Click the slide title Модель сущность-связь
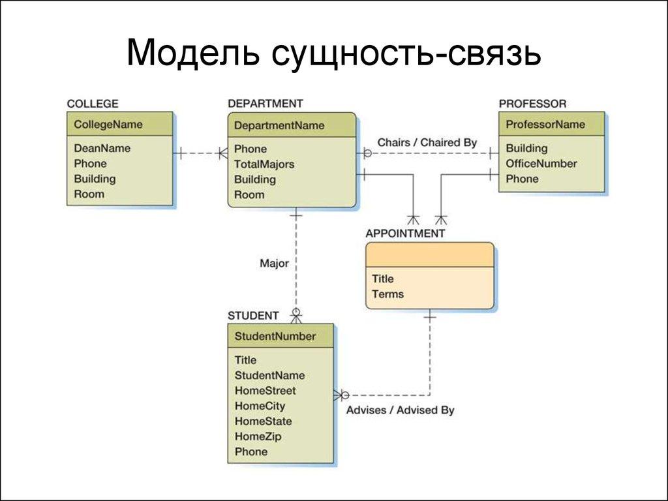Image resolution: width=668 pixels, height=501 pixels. (x=333, y=53)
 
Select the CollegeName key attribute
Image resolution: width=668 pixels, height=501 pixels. (x=108, y=124)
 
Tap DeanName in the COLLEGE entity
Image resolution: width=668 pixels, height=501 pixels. (x=102, y=148)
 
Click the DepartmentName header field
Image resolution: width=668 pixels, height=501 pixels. (x=279, y=125)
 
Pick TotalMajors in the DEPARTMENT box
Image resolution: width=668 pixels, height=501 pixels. (x=264, y=164)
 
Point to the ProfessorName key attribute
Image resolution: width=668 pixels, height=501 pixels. (x=545, y=124)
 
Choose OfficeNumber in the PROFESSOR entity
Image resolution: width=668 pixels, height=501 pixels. (x=541, y=163)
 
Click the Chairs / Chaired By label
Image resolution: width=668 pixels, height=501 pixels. (x=427, y=142)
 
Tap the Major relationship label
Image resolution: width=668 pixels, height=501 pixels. (x=274, y=264)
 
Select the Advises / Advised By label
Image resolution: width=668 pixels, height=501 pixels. (x=400, y=410)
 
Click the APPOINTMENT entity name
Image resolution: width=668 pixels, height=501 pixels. (x=405, y=233)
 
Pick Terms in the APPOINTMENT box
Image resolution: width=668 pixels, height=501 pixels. (x=387, y=294)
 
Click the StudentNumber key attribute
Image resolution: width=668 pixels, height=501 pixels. (x=275, y=336)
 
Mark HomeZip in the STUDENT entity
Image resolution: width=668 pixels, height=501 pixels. (x=258, y=436)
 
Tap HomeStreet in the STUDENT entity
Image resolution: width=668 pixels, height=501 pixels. (x=265, y=390)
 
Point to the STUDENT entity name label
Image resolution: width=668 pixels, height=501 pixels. (x=253, y=316)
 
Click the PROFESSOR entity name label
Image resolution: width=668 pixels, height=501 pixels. (x=532, y=103)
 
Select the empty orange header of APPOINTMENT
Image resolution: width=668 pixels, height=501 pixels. (x=429, y=254)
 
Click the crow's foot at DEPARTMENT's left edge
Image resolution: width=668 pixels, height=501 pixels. (x=222, y=154)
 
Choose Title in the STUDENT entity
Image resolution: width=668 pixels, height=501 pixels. (x=245, y=359)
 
